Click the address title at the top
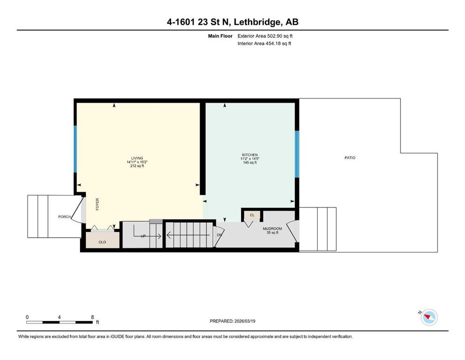coord(232,22)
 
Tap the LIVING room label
coord(137,158)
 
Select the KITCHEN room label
coord(250,155)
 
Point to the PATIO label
coord(350,158)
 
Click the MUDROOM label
coord(272,229)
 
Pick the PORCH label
coord(64,217)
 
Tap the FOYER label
coord(97,204)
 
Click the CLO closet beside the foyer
coord(102,240)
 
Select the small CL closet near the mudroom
coord(252,215)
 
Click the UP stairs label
coord(143,236)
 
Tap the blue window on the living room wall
coord(75,149)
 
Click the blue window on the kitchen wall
coord(297,154)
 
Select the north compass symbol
coord(428,317)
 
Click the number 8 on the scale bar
coord(93,317)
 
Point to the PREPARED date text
coord(232,321)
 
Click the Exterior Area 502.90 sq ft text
coord(265,36)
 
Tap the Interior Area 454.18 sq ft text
coord(264,44)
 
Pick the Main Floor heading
coord(220,36)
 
